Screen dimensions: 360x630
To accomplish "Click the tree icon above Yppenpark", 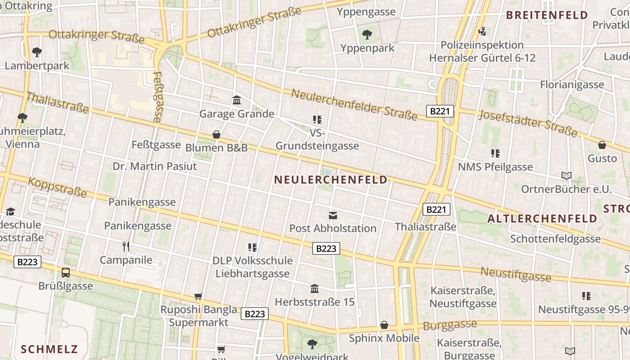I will [x=367, y=34].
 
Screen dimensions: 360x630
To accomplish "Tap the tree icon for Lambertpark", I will [x=37, y=52].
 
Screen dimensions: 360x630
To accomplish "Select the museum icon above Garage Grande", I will [x=237, y=100].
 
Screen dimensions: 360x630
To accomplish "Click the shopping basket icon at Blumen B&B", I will [x=216, y=135].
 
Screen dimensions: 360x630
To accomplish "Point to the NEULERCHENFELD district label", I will [x=331, y=180].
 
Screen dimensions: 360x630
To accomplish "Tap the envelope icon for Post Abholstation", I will [x=333, y=215].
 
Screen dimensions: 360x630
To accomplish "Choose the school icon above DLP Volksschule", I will [x=252, y=247].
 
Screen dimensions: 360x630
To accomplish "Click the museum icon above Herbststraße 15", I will [x=315, y=288].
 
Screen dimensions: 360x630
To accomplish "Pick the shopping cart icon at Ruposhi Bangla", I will [x=198, y=296].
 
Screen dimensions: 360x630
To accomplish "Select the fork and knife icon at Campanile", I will [x=126, y=246].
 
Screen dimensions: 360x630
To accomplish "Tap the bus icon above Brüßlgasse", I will [x=66, y=272].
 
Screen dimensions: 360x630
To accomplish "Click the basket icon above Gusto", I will [x=602, y=145].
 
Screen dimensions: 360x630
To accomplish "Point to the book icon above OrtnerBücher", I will [x=566, y=175].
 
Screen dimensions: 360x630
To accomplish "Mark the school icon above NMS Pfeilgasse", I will [x=495, y=153].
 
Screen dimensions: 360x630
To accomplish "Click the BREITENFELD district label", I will [x=547, y=15].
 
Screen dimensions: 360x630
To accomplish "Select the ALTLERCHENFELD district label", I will [x=542, y=219].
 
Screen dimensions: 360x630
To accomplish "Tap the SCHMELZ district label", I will [x=49, y=349].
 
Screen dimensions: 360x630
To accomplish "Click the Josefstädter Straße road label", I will [x=527, y=122].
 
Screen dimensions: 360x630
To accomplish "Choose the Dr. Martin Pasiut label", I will [x=155, y=166].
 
